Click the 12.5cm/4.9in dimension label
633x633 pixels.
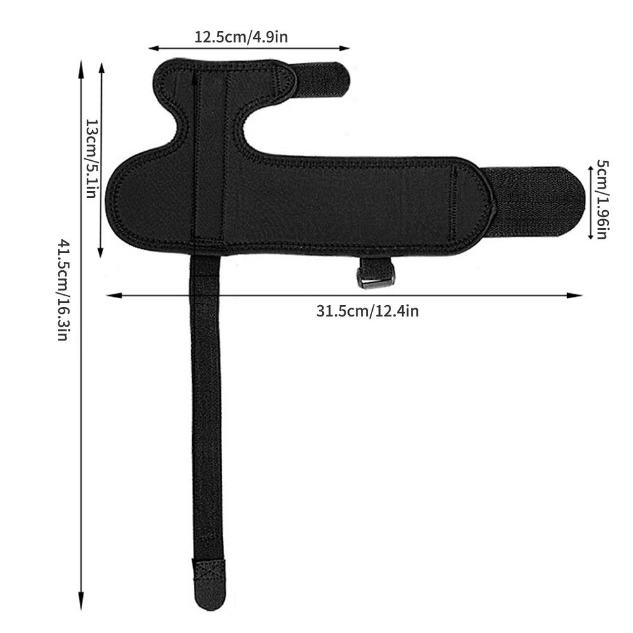coord(241,37)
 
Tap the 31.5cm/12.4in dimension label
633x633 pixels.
coord(367,311)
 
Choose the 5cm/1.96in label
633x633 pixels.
coord(601,199)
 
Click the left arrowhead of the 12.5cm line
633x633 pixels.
coord(153,47)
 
